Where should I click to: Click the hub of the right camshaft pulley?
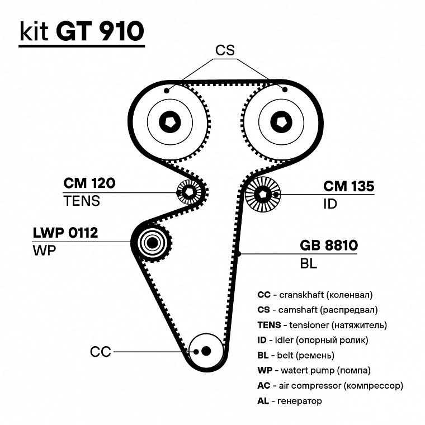(281, 121)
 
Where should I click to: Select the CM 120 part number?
(89, 184)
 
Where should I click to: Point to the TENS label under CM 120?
(81, 201)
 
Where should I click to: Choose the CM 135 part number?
(348, 186)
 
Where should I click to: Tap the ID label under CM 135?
(330, 204)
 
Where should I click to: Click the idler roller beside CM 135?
(263, 195)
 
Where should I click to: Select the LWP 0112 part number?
(65, 233)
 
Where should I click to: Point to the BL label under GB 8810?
(309, 263)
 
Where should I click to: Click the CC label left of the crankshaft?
(101, 352)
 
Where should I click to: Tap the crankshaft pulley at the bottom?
(206, 351)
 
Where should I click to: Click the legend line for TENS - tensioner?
(322, 324)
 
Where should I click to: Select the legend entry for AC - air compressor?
(330, 385)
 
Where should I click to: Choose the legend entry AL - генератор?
(290, 401)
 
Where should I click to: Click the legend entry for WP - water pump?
(314, 370)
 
